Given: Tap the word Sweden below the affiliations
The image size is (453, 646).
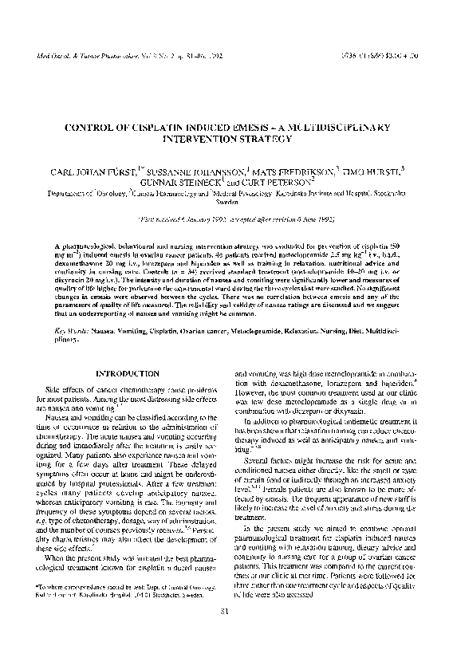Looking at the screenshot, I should click(x=226, y=203).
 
